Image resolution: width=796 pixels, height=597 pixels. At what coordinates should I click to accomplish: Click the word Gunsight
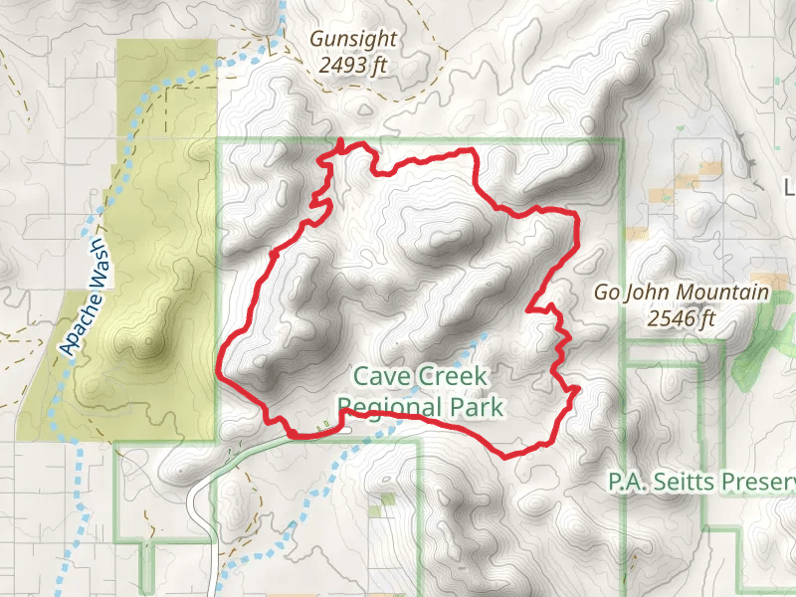(353, 40)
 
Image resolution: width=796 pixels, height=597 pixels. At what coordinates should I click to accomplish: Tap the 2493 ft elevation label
(353, 66)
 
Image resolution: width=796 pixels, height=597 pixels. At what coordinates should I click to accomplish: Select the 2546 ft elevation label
(681, 318)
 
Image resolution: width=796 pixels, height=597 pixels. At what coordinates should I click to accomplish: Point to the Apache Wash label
(85, 311)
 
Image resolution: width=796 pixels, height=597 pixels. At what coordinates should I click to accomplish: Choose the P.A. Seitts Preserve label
(702, 484)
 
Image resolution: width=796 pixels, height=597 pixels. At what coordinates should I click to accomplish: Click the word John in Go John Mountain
(649, 293)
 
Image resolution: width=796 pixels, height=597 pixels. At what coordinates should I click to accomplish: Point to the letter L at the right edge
(790, 187)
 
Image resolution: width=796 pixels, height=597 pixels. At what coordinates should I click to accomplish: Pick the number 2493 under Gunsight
(341, 66)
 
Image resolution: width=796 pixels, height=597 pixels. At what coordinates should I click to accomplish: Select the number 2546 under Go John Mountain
(669, 318)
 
